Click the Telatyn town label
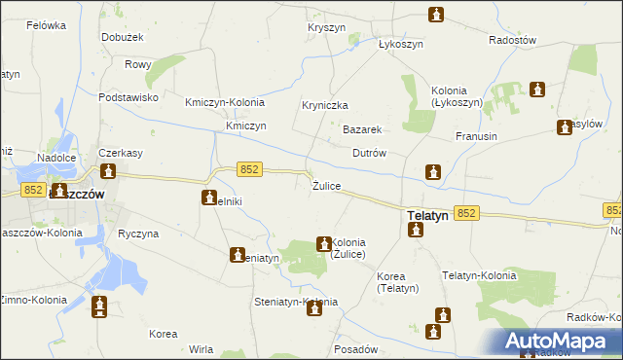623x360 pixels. coord(426,216)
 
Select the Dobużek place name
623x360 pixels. coord(123,38)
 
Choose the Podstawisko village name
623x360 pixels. coord(128,97)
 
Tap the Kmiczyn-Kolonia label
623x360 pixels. coord(225,102)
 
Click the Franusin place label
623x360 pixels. coord(476,137)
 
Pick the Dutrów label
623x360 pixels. coord(370,153)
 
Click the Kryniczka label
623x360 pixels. coord(325,105)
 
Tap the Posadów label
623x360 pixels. coord(354,348)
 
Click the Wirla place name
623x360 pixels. coord(202,348)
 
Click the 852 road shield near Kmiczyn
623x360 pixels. coord(249,169)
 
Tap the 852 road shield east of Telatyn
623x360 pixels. coord(465,213)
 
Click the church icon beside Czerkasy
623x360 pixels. coord(107,173)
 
